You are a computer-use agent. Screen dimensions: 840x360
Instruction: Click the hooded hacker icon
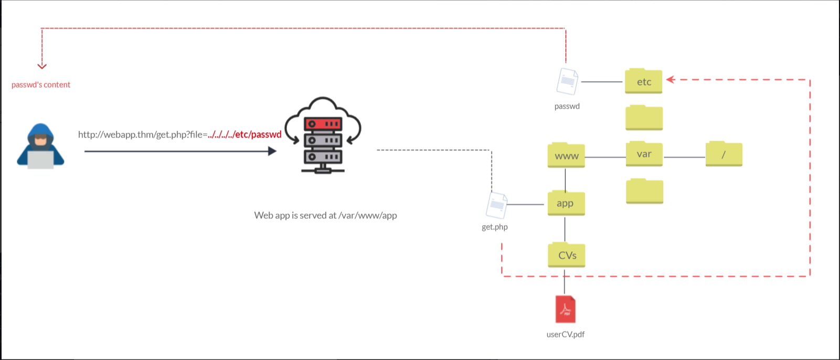(40, 146)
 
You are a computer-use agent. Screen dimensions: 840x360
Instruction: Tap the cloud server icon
(323, 135)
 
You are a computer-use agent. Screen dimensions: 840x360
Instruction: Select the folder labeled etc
(643, 81)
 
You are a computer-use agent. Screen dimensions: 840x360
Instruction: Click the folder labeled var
(644, 154)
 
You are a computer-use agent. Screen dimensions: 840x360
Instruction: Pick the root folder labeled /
(724, 154)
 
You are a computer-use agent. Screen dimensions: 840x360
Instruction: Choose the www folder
(566, 155)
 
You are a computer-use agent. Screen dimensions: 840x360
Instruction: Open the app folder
(566, 203)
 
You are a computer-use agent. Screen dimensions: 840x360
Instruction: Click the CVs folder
(567, 255)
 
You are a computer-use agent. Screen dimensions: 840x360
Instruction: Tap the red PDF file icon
(566, 310)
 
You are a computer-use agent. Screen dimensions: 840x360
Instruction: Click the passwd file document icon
(567, 81)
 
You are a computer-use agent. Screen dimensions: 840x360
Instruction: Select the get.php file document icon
(496, 205)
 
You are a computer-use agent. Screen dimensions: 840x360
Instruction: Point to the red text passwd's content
(41, 84)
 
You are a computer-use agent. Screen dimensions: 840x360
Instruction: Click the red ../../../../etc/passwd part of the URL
(244, 134)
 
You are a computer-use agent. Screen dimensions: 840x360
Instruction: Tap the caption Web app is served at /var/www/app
(325, 215)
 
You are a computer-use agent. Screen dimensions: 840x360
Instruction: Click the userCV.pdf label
(566, 334)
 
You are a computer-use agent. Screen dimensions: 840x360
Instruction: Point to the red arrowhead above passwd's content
(42, 66)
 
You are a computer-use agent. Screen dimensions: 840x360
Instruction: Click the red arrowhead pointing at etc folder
(671, 79)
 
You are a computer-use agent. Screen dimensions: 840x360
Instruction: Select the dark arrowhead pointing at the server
(273, 151)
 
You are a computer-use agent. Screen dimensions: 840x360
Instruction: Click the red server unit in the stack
(323, 124)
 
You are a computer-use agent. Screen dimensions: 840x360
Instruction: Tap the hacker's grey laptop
(40, 160)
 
